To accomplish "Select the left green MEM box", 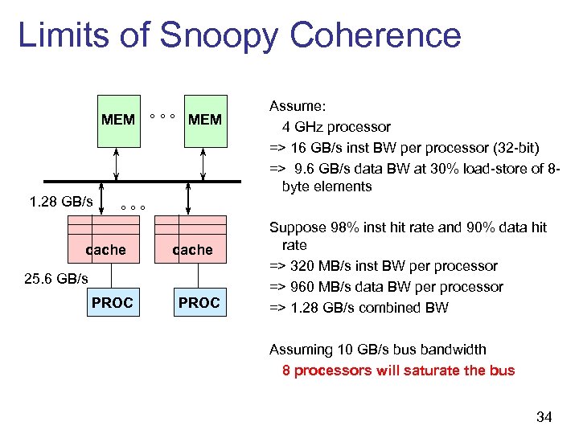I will (x=118, y=121).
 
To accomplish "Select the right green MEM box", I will (x=204, y=121).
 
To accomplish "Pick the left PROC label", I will (x=112, y=302).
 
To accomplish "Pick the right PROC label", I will (x=199, y=302).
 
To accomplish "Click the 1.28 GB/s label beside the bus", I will (x=60, y=201).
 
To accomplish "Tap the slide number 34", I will (x=544, y=416).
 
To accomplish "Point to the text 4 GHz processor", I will (x=335, y=127).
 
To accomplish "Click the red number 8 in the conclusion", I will (x=286, y=371).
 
